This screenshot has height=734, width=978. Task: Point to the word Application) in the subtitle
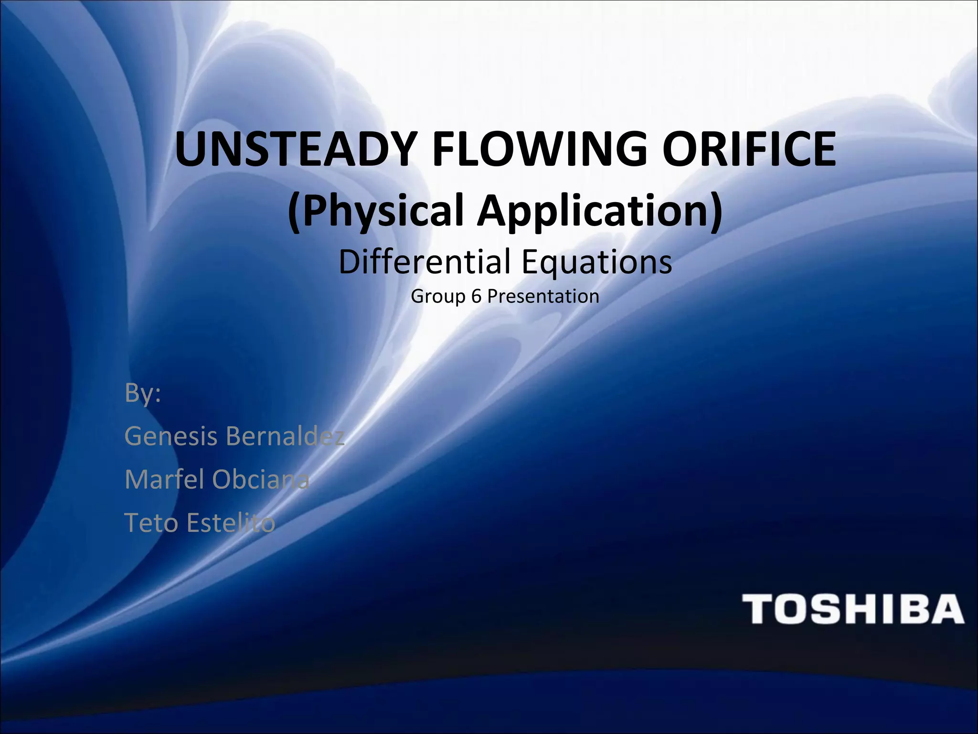click(600, 211)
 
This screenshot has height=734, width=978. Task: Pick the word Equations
click(596, 261)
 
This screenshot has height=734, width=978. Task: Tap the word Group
click(438, 297)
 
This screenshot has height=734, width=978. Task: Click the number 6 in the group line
click(476, 296)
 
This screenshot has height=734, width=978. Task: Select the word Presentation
click(543, 296)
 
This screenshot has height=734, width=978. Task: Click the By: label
click(143, 393)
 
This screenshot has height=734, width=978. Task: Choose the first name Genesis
click(171, 436)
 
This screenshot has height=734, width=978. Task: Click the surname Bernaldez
click(285, 436)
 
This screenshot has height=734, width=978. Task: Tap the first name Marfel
click(165, 479)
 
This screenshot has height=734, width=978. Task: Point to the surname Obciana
click(261, 479)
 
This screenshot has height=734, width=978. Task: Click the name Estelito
click(231, 522)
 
